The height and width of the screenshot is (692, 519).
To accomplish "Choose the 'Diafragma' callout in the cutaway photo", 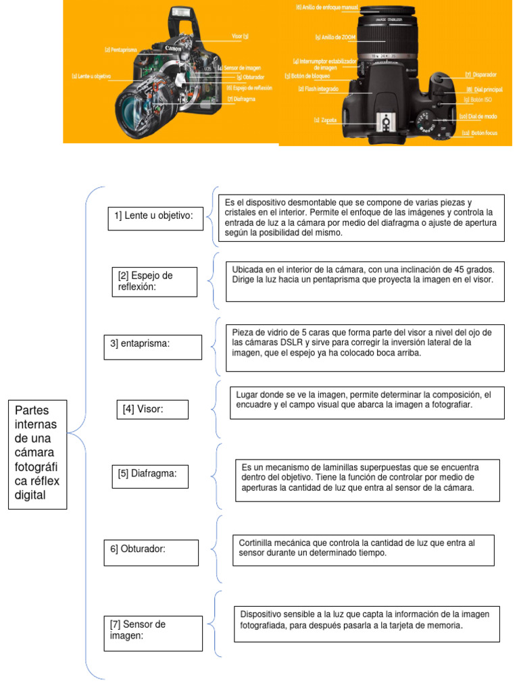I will (241, 99).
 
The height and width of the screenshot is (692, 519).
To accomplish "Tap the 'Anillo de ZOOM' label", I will (337, 37).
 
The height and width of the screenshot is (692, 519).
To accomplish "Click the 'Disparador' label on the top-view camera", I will (481, 74).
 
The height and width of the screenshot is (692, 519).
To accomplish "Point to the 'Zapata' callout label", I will (326, 120).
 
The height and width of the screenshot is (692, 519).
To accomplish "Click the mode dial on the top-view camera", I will (426, 123).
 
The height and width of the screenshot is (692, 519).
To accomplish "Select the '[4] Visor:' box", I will (151, 409).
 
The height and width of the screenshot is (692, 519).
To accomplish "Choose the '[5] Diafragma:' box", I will (151, 475).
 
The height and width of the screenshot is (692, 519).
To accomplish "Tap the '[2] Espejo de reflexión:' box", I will (155, 281).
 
